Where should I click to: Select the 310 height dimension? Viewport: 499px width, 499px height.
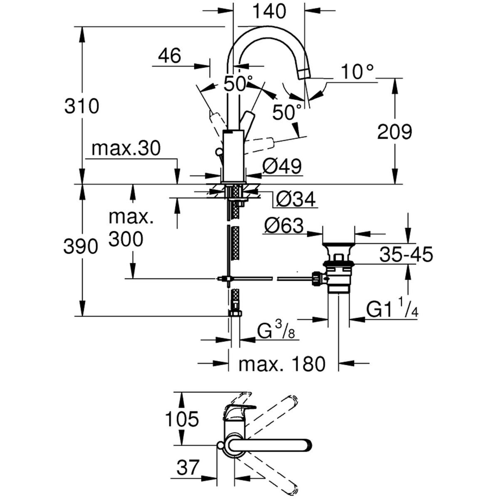point(82,106)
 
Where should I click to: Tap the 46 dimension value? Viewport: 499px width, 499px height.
point(170,56)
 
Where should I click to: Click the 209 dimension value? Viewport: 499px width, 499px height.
point(394,132)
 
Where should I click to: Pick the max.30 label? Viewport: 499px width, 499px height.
point(126,148)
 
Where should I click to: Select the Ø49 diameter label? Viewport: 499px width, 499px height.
point(282,167)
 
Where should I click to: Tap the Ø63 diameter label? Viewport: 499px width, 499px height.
point(284,226)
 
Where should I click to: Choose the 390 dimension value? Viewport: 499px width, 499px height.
point(81,247)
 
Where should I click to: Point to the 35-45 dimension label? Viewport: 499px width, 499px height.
point(406,254)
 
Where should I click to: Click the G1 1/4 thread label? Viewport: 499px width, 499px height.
point(392,309)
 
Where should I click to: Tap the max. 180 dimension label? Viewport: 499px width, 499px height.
point(282,364)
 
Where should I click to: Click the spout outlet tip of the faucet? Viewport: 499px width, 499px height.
point(304,74)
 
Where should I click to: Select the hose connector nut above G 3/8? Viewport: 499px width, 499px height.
point(235,313)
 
